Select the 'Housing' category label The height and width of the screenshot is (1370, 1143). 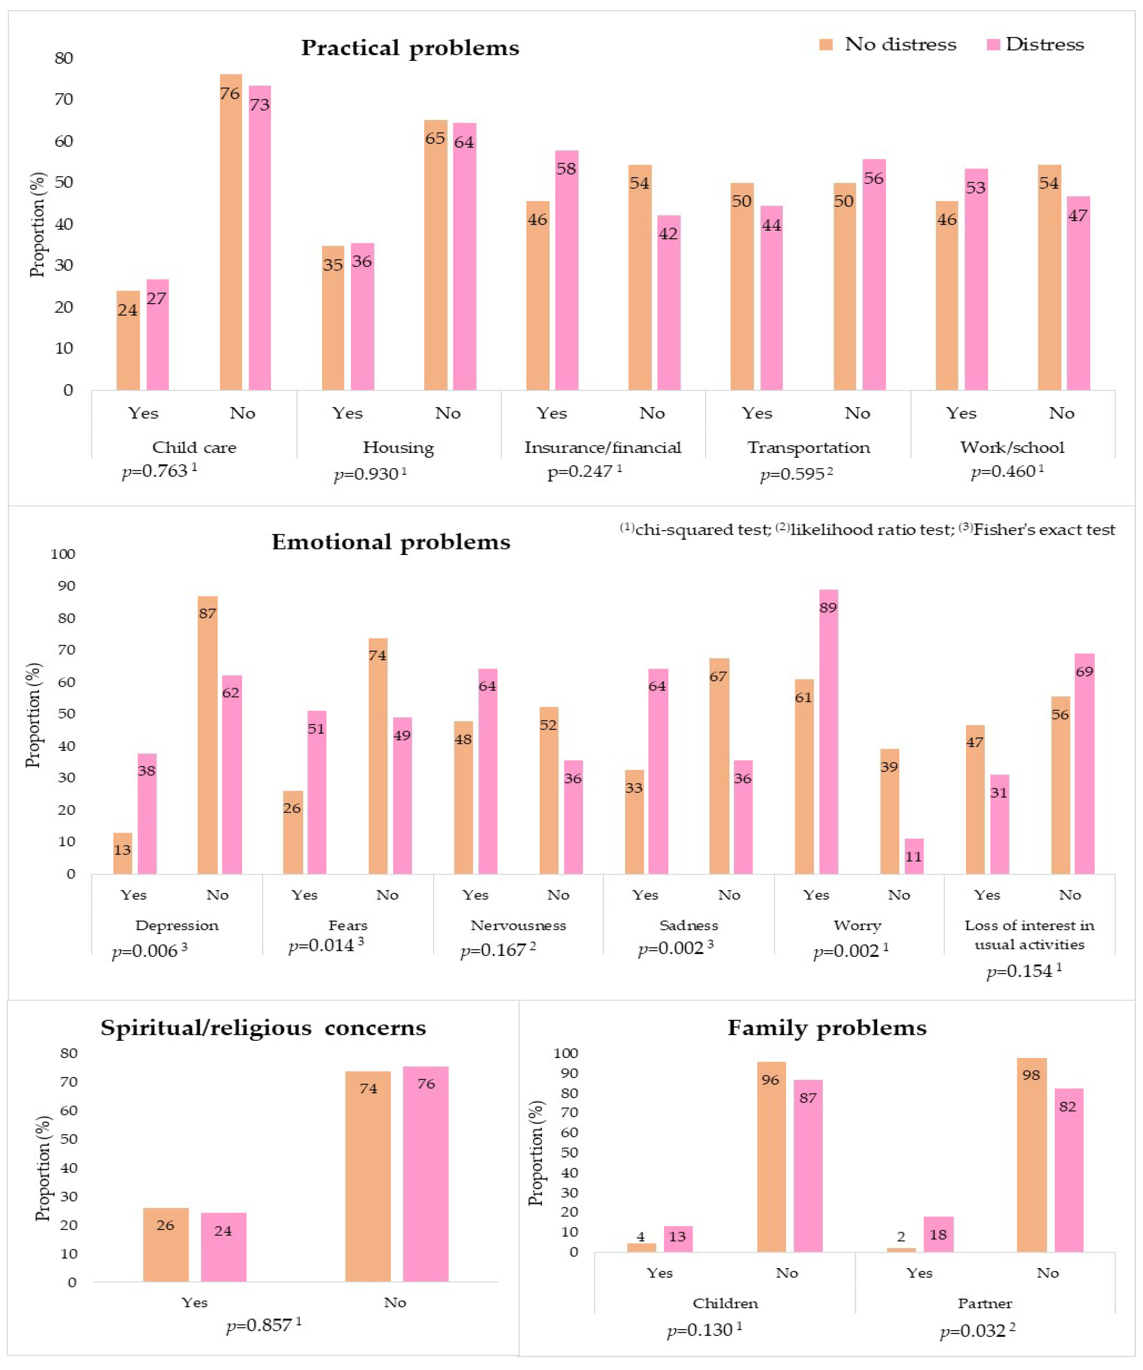point(398,448)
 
